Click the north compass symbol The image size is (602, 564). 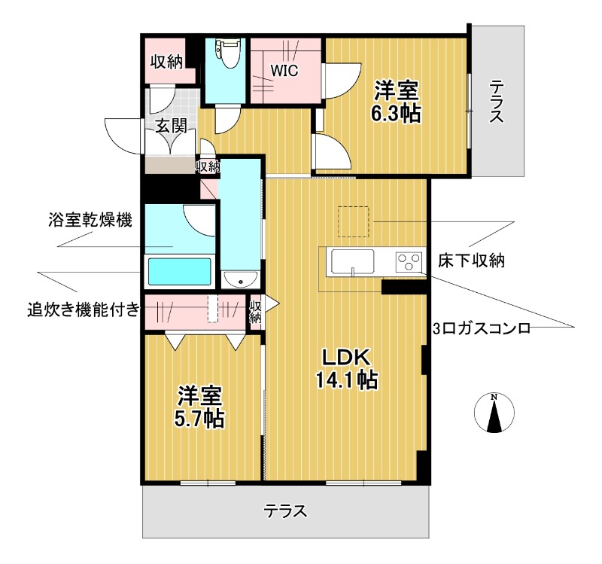coord(494,415)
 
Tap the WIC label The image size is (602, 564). coord(285,71)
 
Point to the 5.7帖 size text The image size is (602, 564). coord(200,418)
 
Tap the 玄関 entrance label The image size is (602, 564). coord(171,126)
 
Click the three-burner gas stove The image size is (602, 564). coord(409,263)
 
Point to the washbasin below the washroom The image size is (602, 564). coord(241,281)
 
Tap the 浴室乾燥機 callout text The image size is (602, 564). coord(89,221)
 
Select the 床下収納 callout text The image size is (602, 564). coord(471,261)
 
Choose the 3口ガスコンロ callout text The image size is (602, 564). coord(482,328)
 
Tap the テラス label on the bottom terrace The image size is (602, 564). coord(285,512)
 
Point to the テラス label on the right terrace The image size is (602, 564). coord(496,102)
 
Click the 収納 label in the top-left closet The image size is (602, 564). coord(166,62)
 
